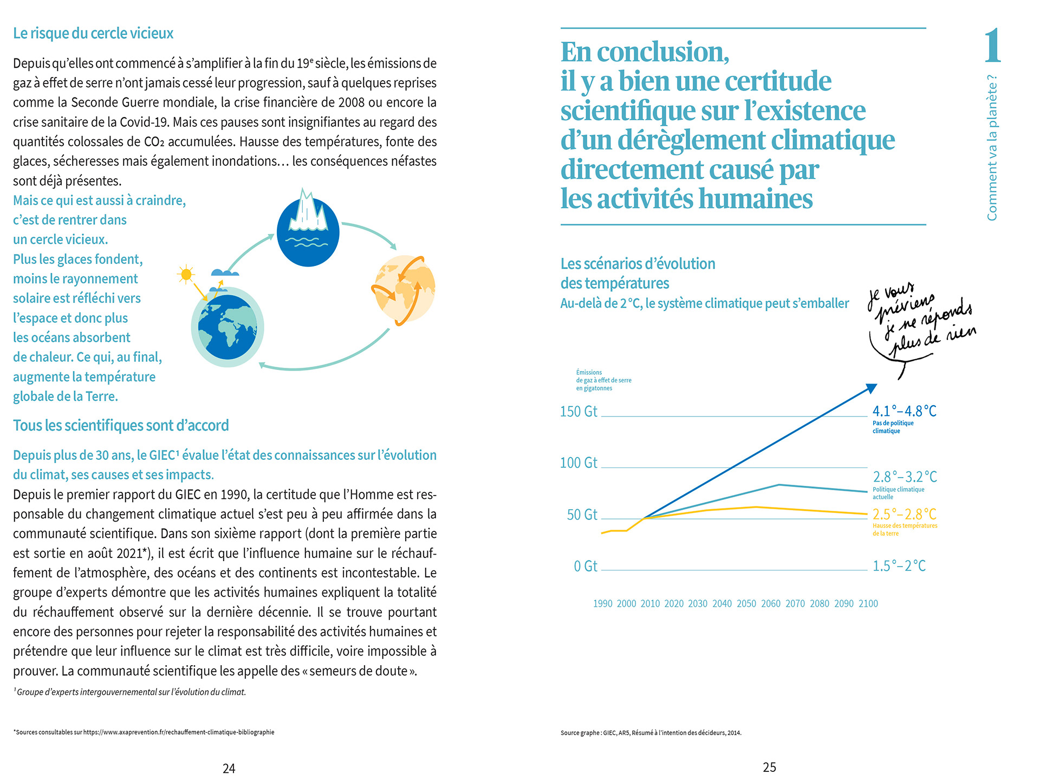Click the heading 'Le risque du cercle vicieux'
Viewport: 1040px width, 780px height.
93,34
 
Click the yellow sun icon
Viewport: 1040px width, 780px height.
186,275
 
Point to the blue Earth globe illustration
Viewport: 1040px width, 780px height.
227,327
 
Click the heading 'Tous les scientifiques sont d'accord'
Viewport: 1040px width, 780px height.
121,425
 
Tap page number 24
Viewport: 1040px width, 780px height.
229,768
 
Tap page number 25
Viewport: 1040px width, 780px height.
769,767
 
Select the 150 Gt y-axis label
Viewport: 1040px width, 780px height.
578,411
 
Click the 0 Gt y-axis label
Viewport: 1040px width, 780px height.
586,566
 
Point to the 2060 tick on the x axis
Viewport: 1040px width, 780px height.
771,603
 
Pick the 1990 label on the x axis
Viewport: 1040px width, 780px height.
603,603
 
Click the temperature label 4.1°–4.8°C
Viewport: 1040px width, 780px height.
904,411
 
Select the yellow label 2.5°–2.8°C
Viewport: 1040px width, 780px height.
904,514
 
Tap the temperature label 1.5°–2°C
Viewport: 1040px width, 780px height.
899,566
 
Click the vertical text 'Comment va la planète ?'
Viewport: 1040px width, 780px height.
992,147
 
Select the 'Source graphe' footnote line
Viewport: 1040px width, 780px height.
651,733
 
